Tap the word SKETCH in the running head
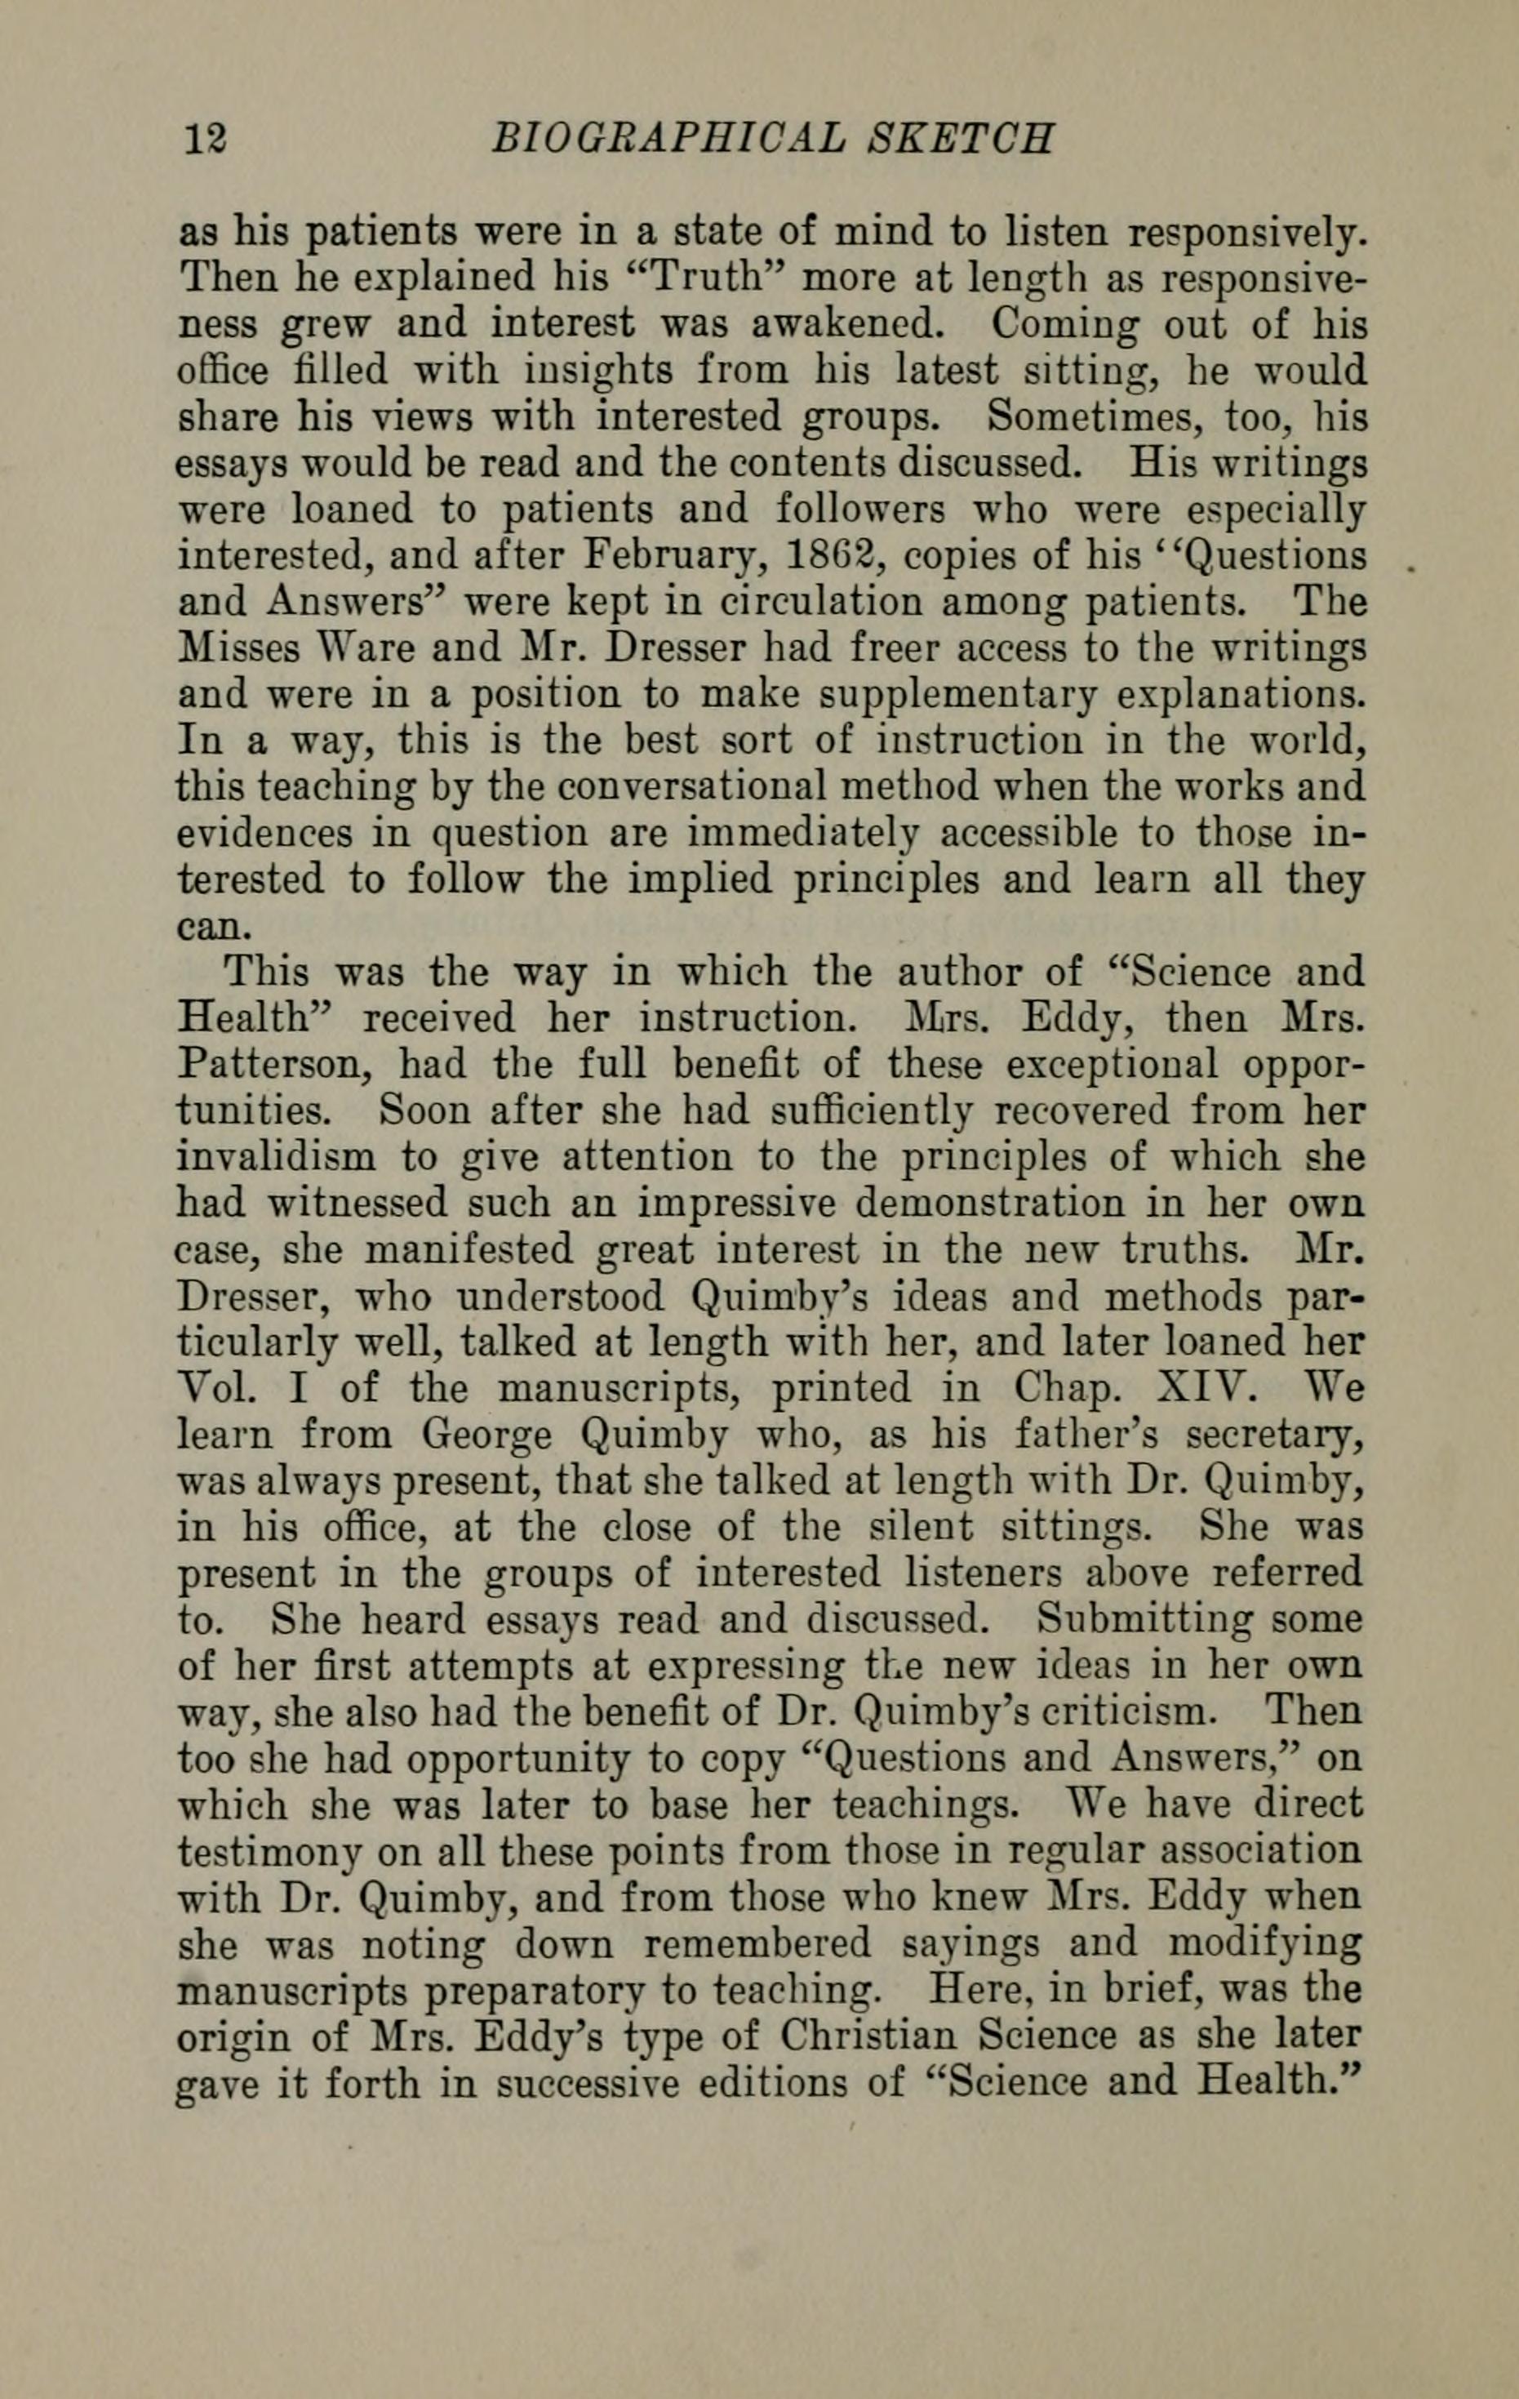959,139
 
